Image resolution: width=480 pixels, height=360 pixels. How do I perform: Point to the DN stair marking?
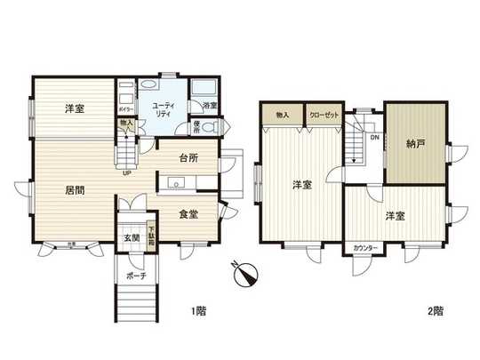point(374,139)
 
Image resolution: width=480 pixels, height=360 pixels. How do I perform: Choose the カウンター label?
point(365,246)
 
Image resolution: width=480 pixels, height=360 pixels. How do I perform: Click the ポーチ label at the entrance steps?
point(136,277)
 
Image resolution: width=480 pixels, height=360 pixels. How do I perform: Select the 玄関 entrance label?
point(130,237)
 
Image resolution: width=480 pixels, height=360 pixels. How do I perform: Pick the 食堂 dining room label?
point(188,213)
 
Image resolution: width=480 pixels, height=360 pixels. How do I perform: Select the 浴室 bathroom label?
point(210,107)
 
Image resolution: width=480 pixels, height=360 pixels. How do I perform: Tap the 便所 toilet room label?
point(197,128)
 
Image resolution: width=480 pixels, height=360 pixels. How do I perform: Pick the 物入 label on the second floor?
point(282,116)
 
